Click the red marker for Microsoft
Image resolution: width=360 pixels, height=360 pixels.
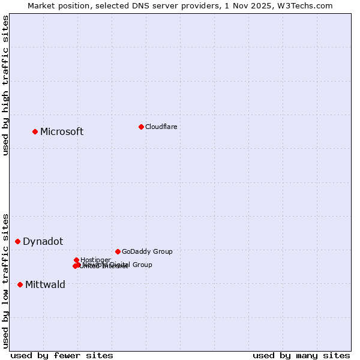coord(35,131)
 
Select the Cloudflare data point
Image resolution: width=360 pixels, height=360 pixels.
coord(141,127)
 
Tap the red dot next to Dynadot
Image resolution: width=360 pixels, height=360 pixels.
coord(17,241)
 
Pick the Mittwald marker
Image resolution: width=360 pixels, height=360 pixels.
coord(20,284)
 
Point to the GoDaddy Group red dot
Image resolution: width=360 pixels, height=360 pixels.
coord(118,251)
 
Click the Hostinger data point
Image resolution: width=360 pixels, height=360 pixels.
coord(77,260)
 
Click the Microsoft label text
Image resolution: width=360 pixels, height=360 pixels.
coord(62,132)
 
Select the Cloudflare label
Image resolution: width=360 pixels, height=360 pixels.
coord(161,127)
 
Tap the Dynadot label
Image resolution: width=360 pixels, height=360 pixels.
coord(43,242)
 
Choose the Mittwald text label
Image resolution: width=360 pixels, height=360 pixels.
coord(45,285)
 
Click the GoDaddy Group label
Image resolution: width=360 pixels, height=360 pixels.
coord(147,251)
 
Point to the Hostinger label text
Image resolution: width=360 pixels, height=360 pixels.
coord(95,260)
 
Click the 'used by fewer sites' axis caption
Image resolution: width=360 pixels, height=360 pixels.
coord(62,355)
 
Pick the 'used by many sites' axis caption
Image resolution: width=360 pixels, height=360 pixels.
coord(301,355)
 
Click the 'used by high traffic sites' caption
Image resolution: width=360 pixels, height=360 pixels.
coord(6,85)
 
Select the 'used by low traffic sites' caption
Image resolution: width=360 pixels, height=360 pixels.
coord(6,280)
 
